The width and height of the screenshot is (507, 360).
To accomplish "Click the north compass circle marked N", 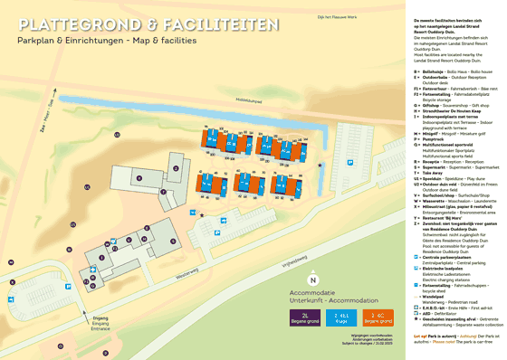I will click(x=312, y=280).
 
